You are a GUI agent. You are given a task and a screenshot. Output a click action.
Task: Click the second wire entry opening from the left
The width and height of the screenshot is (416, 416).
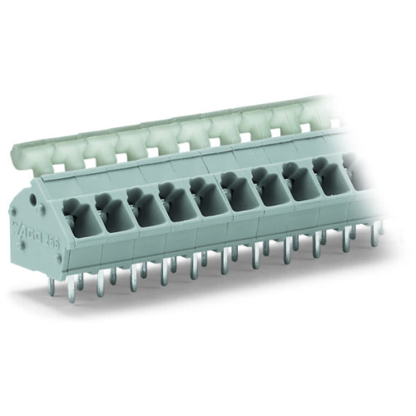[113, 216]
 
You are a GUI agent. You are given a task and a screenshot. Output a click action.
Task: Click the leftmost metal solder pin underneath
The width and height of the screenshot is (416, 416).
[52, 287]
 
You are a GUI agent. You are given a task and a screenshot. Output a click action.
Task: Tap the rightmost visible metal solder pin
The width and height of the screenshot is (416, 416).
[375, 235]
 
